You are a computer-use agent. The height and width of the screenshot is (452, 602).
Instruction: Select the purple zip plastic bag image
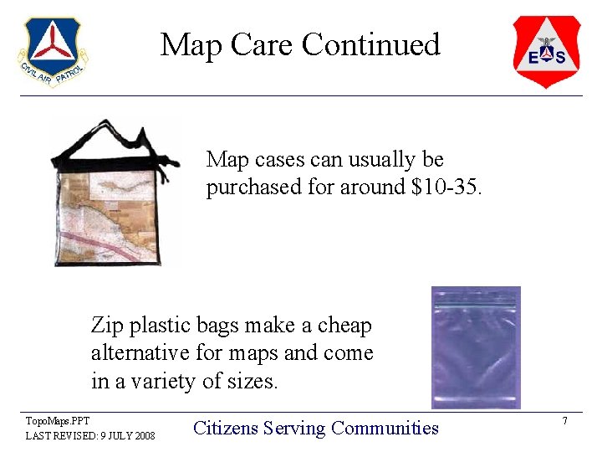pos(475,347)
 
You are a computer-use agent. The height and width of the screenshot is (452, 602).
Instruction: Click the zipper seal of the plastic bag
pos(475,303)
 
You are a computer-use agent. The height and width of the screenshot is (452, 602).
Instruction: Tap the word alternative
pos(141,353)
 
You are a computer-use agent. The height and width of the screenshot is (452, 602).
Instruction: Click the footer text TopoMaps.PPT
pos(58,420)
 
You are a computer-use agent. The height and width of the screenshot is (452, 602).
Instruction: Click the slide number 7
pos(565,420)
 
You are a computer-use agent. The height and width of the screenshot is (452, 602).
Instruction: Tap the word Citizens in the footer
pos(225,429)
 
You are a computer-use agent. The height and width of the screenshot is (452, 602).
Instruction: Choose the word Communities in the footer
pos(385,429)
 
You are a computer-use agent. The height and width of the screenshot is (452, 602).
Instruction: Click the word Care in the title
pos(259,44)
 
